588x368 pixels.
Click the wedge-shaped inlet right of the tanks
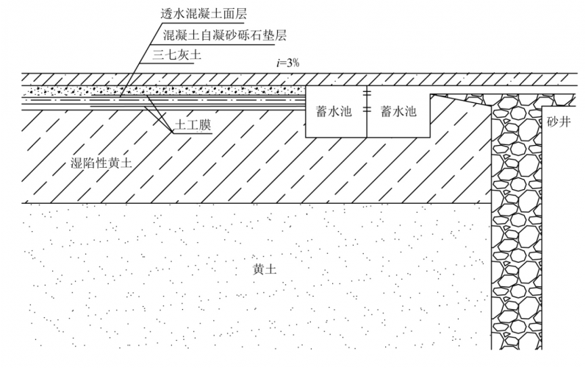459,99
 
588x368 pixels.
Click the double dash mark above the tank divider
367,93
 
